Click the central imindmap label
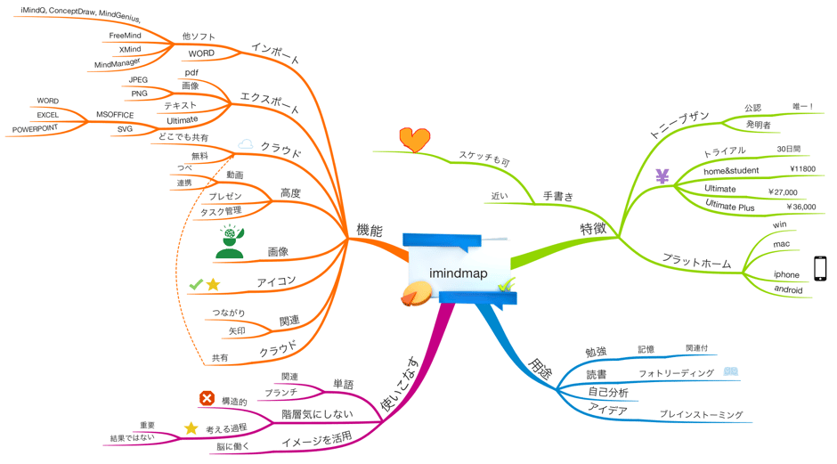pyautogui.click(x=458, y=273)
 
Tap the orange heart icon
pyautogui.click(x=414, y=139)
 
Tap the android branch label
pyautogui.click(x=788, y=289)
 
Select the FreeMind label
pyautogui.click(x=127, y=36)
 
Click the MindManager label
pyautogui.click(x=117, y=64)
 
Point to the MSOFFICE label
pyautogui.click(x=115, y=115)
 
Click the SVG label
pyautogui.click(x=125, y=129)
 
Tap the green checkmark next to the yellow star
pyautogui.click(x=196, y=284)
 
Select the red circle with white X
pyautogui.click(x=207, y=398)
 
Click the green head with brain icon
pyautogui.click(x=230, y=241)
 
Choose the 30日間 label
pyautogui.click(x=789, y=149)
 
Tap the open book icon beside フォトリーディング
pyautogui.click(x=731, y=371)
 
